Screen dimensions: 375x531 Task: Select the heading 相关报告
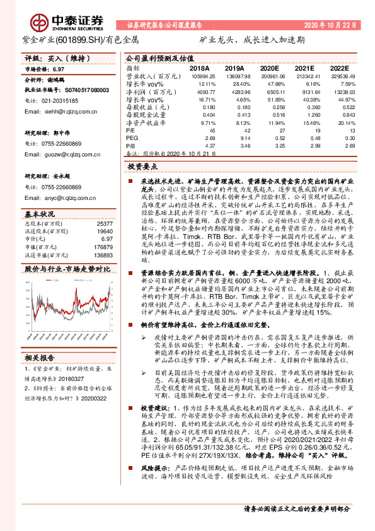point(41,358)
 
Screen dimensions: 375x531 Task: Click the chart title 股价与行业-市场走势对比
point(67,268)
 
